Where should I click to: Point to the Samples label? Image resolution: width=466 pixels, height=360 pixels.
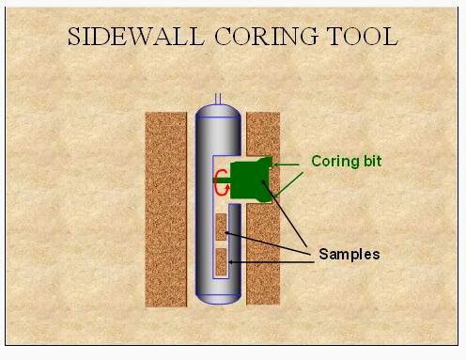349,255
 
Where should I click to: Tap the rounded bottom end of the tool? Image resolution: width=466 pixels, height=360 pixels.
218,295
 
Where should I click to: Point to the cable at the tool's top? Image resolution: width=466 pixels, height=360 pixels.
218,98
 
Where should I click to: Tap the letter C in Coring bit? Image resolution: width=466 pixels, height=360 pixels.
317,162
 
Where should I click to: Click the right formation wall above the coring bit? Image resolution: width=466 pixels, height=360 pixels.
263,132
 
